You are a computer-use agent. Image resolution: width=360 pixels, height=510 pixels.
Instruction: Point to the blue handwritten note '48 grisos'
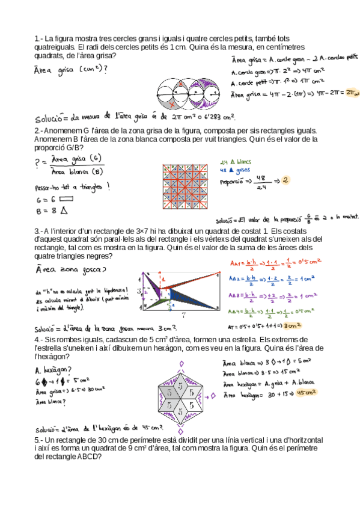click(235, 170)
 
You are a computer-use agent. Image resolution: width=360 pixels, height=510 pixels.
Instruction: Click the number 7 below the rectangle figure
click(183, 315)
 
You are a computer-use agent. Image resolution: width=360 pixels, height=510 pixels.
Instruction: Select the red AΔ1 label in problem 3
click(236, 262)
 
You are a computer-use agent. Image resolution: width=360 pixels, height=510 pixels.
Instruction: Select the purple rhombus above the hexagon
click(180, 363)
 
